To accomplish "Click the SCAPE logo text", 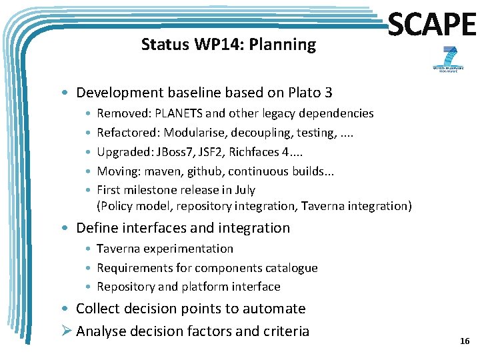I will click(x=431, y=25).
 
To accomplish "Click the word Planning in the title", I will click(x=288, y=45).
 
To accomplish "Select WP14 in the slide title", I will click(x=207, y=45).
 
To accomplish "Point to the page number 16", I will click(x=465, y=341).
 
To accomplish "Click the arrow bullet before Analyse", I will click(x=67, y=331).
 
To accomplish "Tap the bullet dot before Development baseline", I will click(x=67, y=93).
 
